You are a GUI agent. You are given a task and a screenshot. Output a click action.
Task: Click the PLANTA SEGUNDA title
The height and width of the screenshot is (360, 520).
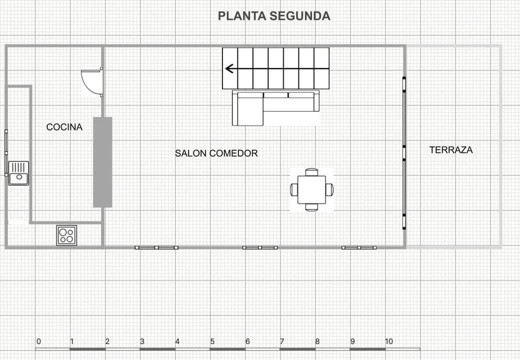(274, 16)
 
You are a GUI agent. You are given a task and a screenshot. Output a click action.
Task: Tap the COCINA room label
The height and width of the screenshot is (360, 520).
(64, 127)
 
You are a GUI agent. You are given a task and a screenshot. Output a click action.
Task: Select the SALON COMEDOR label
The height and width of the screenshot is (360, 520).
(216, 153)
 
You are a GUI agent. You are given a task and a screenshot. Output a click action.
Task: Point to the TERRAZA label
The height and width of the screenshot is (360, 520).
(451, 149)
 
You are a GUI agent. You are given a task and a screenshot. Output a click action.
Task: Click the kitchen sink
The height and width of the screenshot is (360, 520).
(18, 173)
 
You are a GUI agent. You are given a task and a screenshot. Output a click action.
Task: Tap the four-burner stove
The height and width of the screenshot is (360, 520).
(66, 235)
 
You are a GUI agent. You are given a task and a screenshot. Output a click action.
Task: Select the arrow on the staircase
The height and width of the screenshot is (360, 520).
(230, 68)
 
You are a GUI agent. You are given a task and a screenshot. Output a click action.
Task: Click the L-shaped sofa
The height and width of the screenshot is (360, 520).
(275, 107)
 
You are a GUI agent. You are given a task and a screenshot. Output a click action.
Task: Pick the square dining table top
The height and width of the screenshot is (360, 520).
(311, 189)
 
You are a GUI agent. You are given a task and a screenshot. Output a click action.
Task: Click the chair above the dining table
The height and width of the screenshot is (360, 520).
(311, 172)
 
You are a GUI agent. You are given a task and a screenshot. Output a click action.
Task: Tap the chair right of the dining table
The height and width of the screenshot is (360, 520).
(329, 189)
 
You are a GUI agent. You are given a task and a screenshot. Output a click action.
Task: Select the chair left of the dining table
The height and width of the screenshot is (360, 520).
(294, 189)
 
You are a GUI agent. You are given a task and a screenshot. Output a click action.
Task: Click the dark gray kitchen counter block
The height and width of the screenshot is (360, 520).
(102, 162)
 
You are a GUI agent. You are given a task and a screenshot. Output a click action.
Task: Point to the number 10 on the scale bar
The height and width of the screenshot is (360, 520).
(388, 341)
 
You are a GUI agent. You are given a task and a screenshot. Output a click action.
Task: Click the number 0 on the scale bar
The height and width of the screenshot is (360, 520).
(38, 341)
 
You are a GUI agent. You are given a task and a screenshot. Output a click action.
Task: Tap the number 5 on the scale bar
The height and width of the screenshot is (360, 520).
(212, 341)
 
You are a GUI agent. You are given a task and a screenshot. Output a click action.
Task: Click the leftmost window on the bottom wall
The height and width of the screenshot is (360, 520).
(156, 247)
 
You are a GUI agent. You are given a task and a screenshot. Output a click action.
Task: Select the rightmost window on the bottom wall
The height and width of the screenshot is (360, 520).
(359, 247)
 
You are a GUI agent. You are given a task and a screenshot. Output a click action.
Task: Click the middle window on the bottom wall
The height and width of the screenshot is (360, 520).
(260, 247)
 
